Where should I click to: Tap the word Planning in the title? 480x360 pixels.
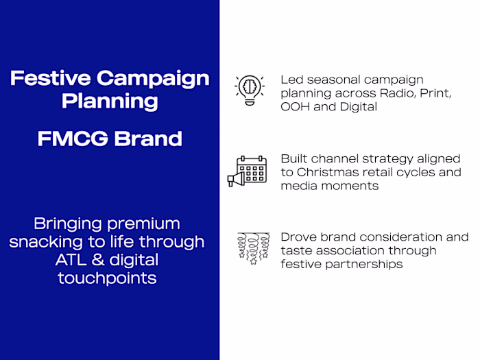(x=110, y=101)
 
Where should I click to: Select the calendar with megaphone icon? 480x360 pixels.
(x=247, y=171)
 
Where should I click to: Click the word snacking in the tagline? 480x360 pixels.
(x=64, y=242)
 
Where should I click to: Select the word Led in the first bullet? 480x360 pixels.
(x=291, y=80)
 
